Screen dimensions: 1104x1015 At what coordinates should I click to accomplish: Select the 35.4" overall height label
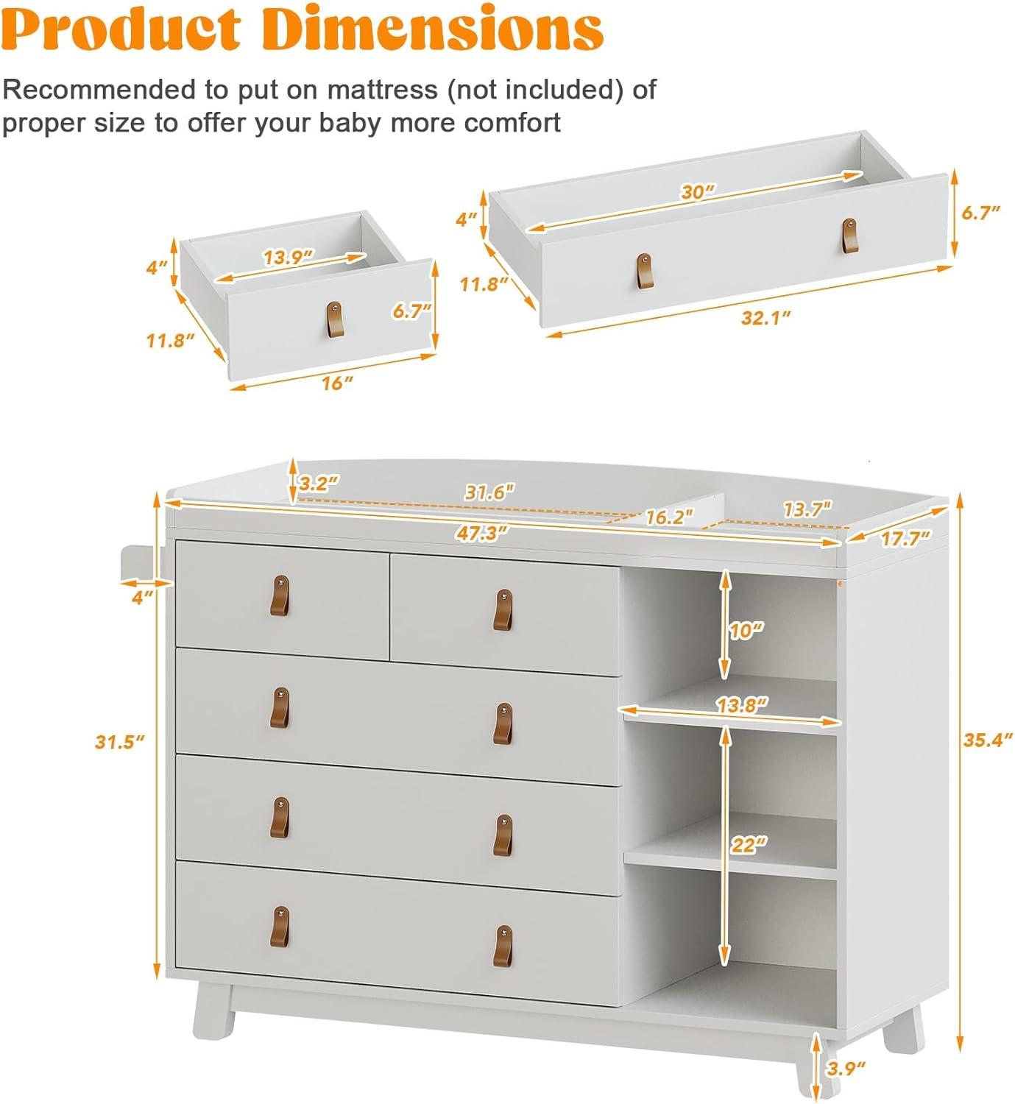988,739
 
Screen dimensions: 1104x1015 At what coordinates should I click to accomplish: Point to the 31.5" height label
119,741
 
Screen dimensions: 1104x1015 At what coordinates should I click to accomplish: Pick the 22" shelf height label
749,844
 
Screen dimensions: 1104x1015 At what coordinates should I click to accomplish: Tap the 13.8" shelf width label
741,704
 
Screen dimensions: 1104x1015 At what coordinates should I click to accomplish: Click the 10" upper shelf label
746,630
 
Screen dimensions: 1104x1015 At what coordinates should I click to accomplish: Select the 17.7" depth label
905,539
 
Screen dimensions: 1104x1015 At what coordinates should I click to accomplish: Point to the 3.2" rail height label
319,483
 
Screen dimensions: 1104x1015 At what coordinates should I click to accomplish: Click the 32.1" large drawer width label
765,317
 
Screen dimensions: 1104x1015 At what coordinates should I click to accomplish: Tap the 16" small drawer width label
336,383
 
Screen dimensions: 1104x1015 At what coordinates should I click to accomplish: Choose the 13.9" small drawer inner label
289,257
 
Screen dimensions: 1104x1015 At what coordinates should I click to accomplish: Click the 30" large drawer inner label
697,192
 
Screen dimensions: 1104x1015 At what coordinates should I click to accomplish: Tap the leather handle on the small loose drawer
335,319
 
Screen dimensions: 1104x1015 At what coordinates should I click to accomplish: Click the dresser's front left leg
213,1011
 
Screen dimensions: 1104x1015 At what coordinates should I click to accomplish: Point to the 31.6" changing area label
489,492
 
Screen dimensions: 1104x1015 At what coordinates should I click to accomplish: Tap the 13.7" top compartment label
807,509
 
